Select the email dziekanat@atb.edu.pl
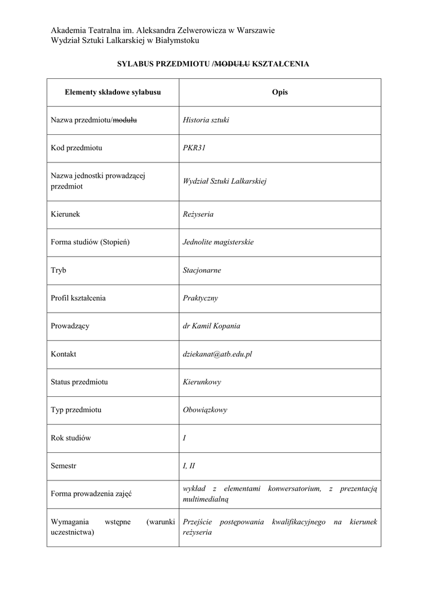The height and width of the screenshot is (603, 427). pyautogui.click(x=217, y=354)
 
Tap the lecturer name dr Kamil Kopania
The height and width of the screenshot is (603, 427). pyautogui.click(x=211, y=326)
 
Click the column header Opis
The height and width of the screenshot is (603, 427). pyautogui.click(x=280, y=92)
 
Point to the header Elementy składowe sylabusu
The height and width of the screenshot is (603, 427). pyautogui.click(x=112, y=92)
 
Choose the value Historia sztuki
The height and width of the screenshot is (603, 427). pyautogui.click(x=206, y=120)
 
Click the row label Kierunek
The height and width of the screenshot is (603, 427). pyautogui.click(x=65, y=214)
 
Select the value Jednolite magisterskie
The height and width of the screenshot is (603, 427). pyautogui.click(x=218, y=242)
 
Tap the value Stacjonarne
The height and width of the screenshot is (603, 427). pyautogui.click(x=202, y=270)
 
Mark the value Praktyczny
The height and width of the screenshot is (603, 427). pyautogui.click(x=200, y=298)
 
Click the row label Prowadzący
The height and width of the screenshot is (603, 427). pyautogui.click(x=70, y=326)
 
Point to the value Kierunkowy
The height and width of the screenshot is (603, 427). pyautogui.click(x=202, y=382)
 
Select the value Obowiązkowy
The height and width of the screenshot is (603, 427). pyautogui.click(x=205, y=410)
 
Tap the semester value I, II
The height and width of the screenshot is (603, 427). pyautogui.click(x=189, y=466)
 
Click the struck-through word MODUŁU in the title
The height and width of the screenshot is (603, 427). pyautogui.click(x=233, y=64)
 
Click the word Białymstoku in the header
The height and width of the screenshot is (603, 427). pyautogui.click(x=178, y=40)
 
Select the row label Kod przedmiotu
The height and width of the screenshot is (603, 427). pyautogui.click(x=77, y=148)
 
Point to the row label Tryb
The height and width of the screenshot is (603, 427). pyautogui.click(x=59, y=270)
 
